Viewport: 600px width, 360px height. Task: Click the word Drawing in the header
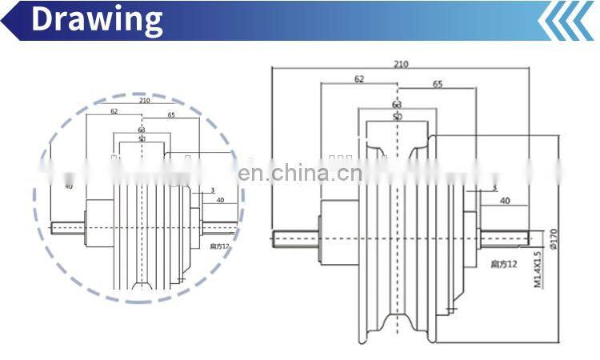97,19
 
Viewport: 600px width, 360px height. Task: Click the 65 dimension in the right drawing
438,84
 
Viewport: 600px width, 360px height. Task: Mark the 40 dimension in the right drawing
505,202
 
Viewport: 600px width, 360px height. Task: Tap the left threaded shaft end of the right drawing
295,237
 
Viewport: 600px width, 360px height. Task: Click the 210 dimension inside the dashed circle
145,101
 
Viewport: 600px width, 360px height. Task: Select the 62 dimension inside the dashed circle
114,111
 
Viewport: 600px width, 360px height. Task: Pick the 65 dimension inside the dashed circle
172,115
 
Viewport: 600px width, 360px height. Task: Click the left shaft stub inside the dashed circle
69,226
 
